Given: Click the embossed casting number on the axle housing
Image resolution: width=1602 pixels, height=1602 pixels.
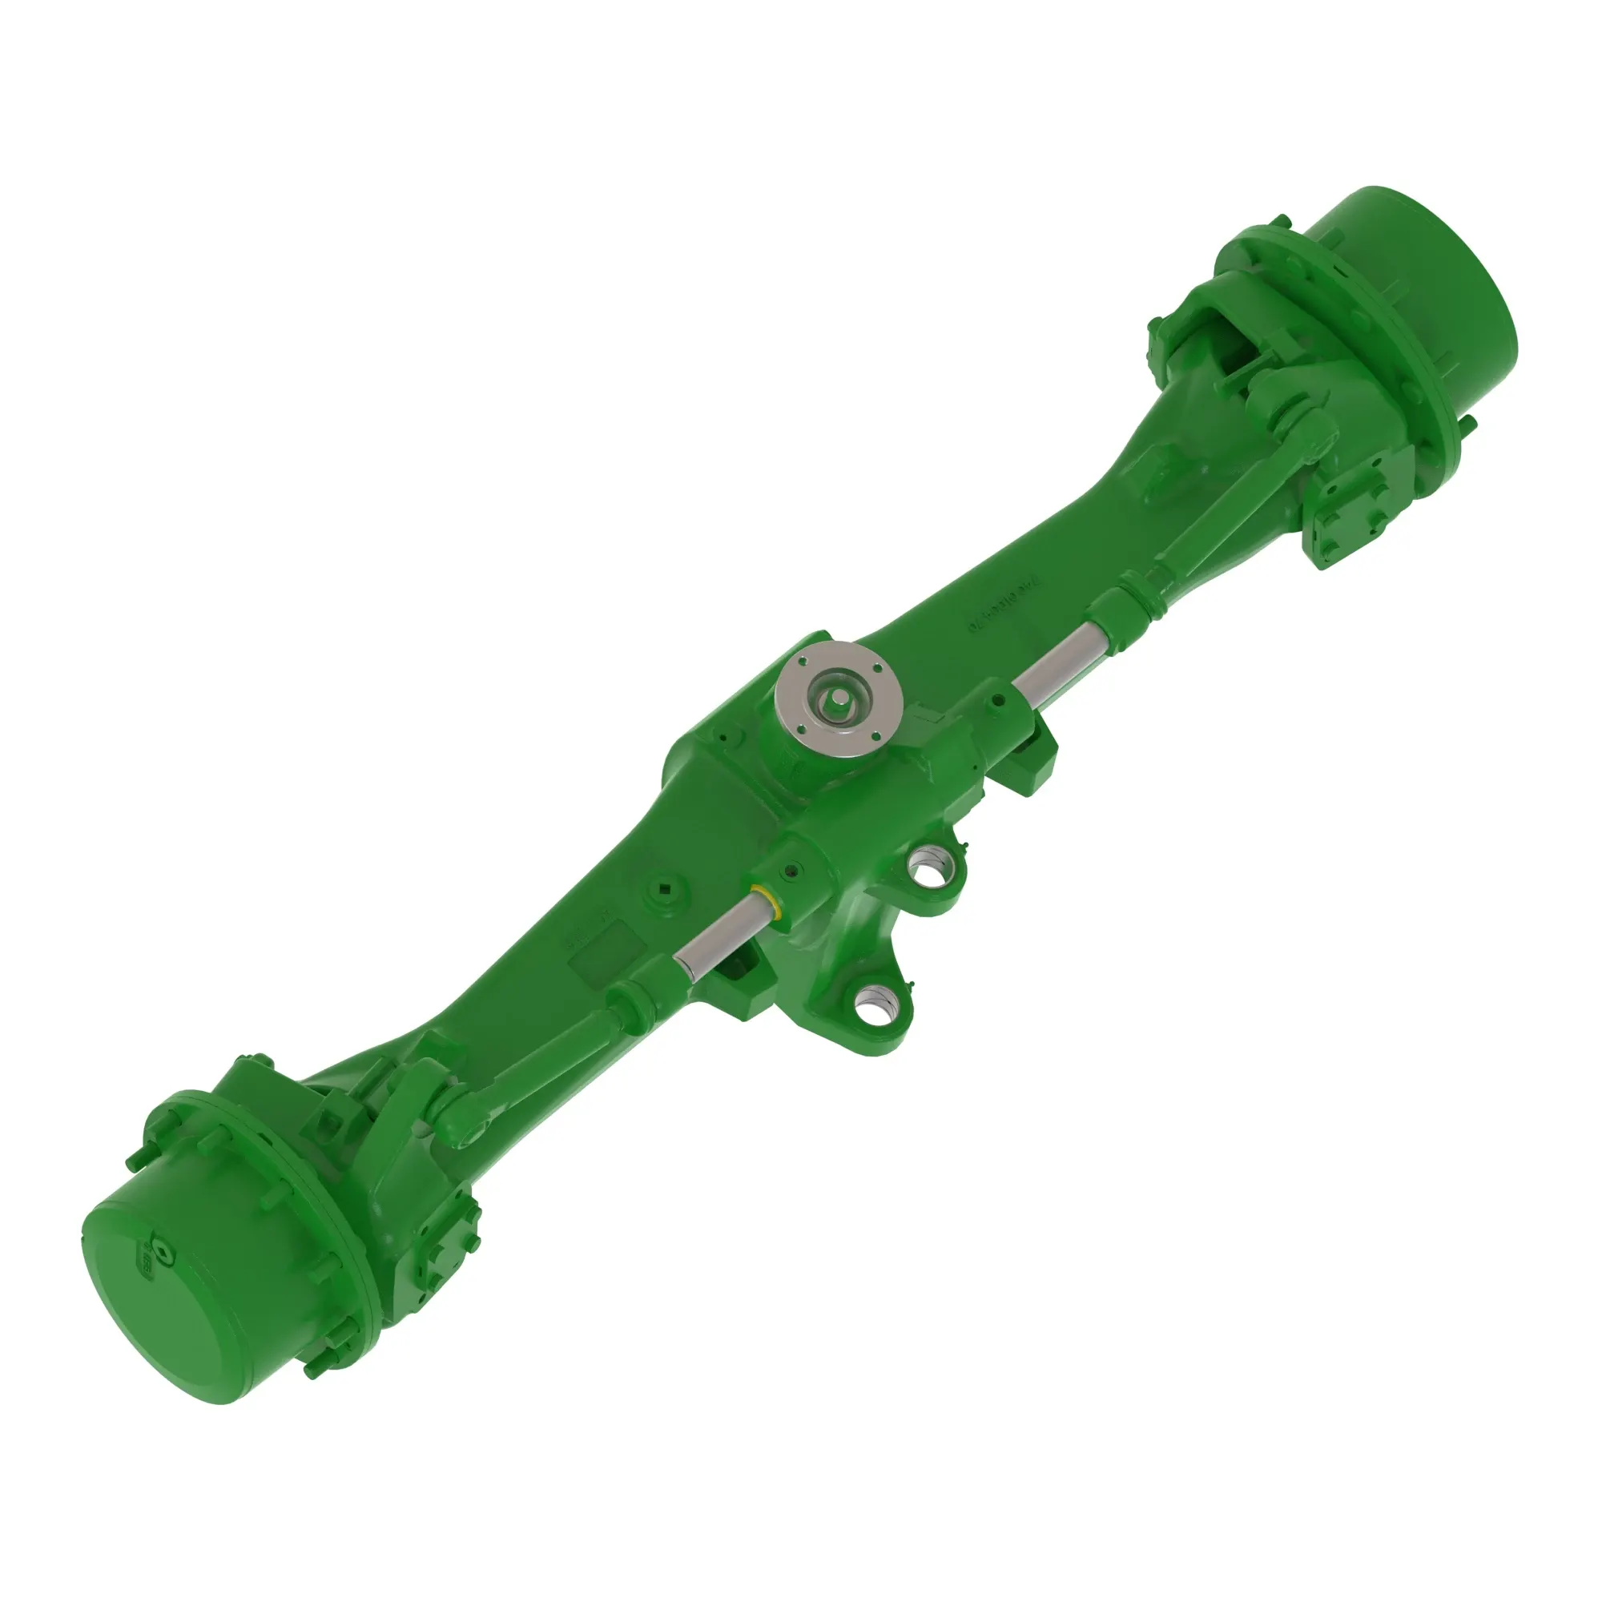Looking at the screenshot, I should click(1004, 612).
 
